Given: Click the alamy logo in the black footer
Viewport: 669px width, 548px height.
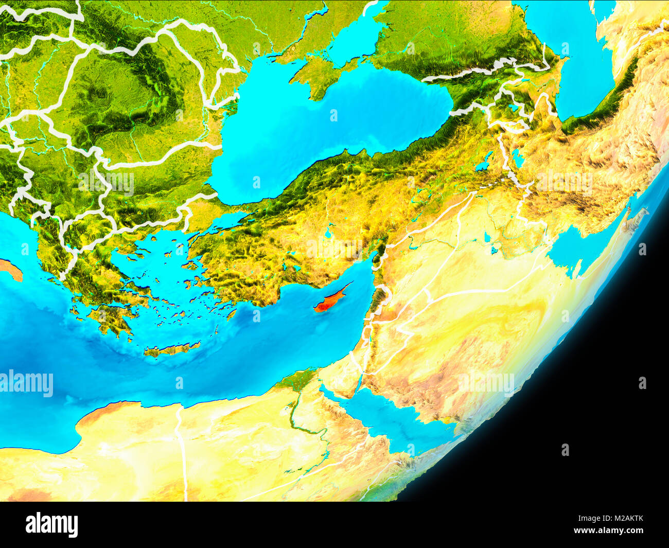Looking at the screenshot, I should [51, 525].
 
